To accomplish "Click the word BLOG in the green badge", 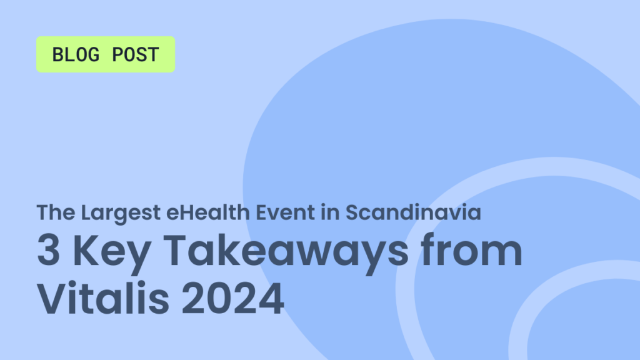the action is point(76,55).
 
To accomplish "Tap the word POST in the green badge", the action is point(136,55).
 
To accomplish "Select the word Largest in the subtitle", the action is point(121,214).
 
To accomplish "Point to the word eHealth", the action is point(207,212).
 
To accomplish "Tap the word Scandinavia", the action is point(413,212).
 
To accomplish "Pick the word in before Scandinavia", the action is point(330,212).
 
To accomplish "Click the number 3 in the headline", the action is point(49,250).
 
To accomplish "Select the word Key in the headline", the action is point(112,254).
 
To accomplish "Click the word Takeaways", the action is point(286,254).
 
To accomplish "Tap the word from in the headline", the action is point(471,249).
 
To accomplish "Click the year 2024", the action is point(232,298).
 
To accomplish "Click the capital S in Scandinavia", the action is point(353,212).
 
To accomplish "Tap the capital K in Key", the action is point(86,250).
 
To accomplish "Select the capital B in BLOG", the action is point(57,55).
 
